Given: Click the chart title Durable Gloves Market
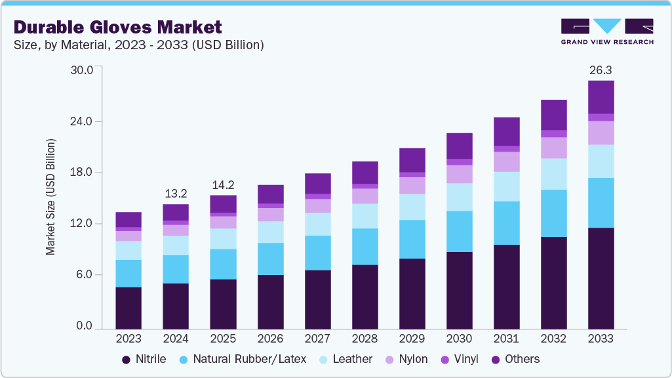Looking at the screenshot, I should (x=118, y=27).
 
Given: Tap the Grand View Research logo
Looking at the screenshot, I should (x=607, y=31).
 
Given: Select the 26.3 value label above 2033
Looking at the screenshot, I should (x=601, y=70).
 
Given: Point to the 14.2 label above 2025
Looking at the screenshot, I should (x=223, y=184).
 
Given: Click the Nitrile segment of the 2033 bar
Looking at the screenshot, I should (x=601, y=278).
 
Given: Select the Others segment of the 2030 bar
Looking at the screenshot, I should (x=459, y=146).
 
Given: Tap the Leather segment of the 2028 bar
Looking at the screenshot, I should (x=365, y=216).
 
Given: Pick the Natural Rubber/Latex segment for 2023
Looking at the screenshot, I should (x=128, y=274).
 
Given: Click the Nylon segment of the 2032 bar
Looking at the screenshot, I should (x=553, y=148).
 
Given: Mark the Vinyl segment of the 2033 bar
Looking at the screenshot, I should (x=601, y=117).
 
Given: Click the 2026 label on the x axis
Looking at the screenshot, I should (x=270, y=339).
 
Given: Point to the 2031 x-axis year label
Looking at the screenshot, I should (x=506, y=339).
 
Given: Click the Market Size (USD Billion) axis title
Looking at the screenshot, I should (x=50, y=197).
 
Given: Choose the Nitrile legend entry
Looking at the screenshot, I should (x=144, y=359).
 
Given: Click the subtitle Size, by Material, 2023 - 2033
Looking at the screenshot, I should (x=139, y=45).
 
